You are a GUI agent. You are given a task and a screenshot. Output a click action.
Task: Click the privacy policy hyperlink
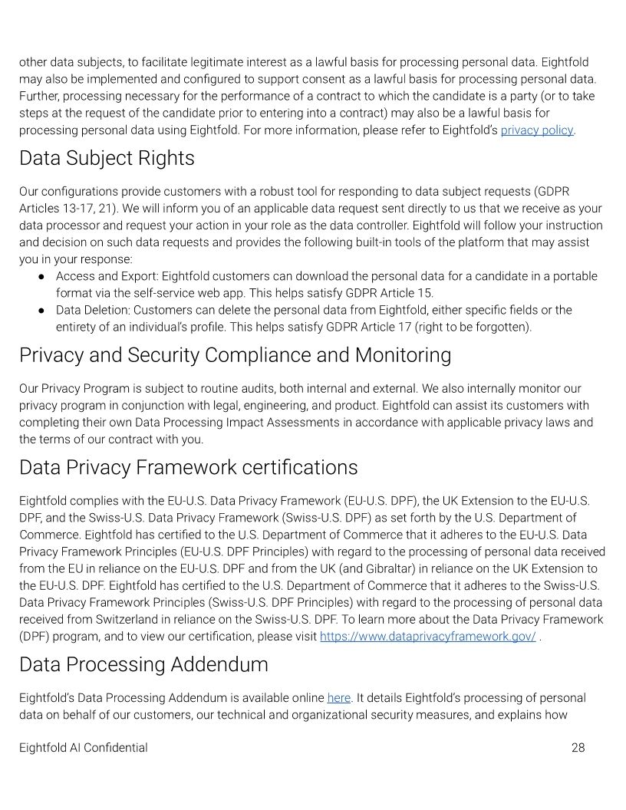point(536,130)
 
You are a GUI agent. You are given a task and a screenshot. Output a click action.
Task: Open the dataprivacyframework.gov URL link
point(427,637)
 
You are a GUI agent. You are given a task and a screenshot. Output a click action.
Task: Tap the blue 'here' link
point(338,698)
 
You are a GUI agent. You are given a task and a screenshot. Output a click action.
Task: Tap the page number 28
point(578,748)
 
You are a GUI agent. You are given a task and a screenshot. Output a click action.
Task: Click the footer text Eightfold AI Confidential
point(83,748)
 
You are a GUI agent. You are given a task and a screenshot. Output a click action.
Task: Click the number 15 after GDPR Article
point(425,293)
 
